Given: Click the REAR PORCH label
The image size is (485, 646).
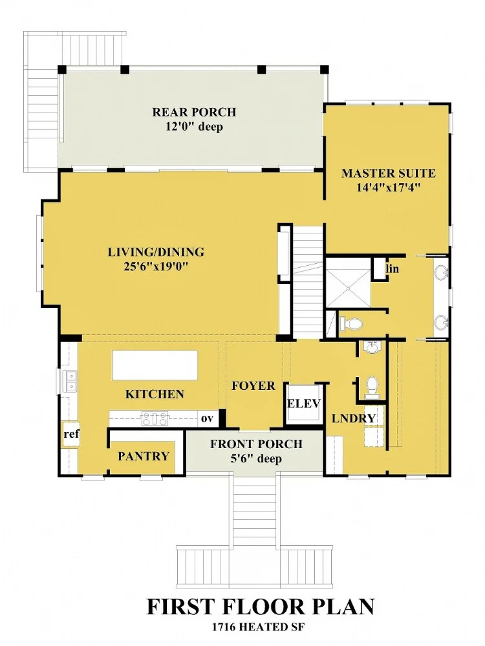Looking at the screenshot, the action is click(194, 112).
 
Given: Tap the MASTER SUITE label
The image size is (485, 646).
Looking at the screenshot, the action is click(388, 173).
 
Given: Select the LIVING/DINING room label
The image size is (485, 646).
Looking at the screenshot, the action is click(156, 252).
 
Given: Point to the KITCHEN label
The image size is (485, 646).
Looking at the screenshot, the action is click(155, 394).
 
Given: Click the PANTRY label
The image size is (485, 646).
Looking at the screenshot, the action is click(144, 456).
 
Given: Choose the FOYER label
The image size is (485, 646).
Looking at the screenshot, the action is click(253, 386).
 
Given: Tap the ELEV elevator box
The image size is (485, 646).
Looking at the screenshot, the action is click(304, 404).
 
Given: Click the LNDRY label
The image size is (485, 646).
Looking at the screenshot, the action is click(354, 418).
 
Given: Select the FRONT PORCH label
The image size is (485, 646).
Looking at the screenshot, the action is click(256, 444).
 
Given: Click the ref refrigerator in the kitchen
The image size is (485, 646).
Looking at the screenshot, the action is click(71, 435).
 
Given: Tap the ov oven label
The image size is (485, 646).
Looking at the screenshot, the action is click(208, 418).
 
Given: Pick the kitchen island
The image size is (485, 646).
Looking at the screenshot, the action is click(155, 365).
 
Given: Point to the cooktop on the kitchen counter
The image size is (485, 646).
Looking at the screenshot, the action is click(155, 418).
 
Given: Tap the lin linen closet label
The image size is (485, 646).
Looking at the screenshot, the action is click(393, 269).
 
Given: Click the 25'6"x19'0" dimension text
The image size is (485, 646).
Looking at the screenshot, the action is click(156, 266).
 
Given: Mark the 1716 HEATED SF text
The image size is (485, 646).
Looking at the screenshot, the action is click(259, 627).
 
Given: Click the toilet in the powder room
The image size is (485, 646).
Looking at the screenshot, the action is click(372, 387).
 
